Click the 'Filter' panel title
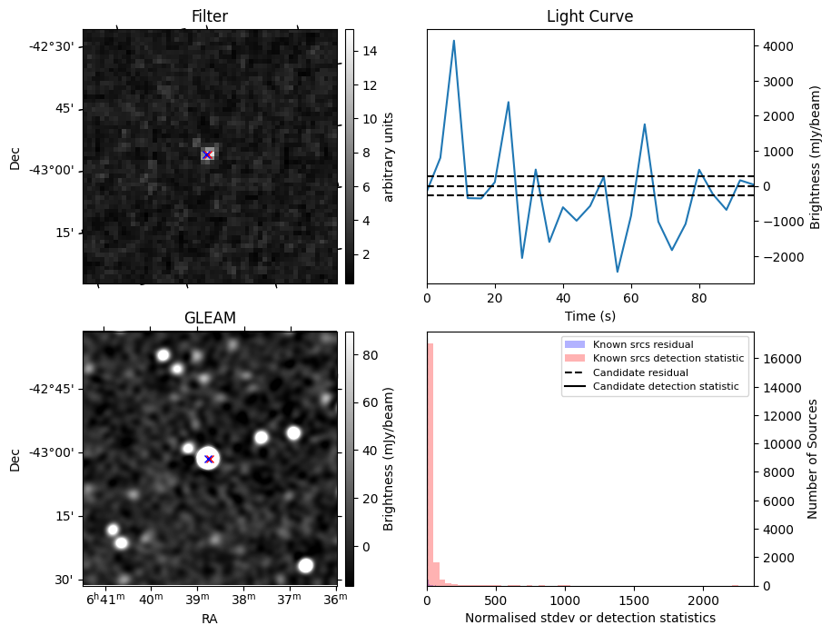click(210, 16)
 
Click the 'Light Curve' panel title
click(589, 16)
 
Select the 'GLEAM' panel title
click(210, 318)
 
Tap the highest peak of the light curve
click(454, 40)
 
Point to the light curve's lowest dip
click(618, 272)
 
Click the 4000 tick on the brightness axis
click(778, 46)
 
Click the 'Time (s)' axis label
click(589, 316)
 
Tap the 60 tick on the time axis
click(630, 298)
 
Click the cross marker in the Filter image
click(207, 154)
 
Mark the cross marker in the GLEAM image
click(209, 459)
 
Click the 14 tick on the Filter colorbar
click(370, 52)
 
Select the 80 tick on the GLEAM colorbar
click(371, 355)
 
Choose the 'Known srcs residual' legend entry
click(643, 344)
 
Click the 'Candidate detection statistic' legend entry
click(666, 386)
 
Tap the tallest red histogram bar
click(430, 464)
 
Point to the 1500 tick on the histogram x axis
click(635, 600)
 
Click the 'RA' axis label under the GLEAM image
click(210, 619)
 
